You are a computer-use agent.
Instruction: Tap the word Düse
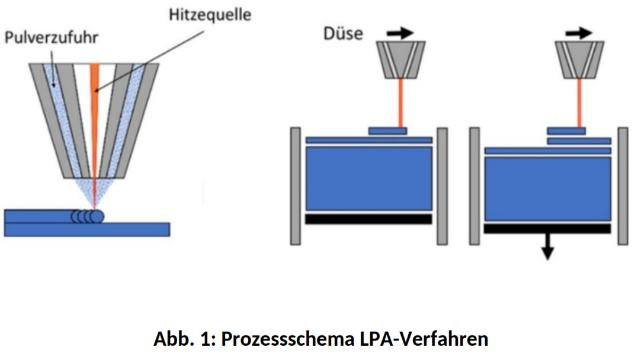tap(342, 33)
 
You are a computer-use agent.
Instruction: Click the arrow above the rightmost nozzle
tap(578, 33)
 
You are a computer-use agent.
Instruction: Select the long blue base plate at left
tap(87, 229)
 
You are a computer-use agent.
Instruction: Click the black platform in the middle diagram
tap(368, 218)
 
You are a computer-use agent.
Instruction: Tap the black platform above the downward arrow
tap(547, 228)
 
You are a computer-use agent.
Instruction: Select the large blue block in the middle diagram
tap(368, 178)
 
